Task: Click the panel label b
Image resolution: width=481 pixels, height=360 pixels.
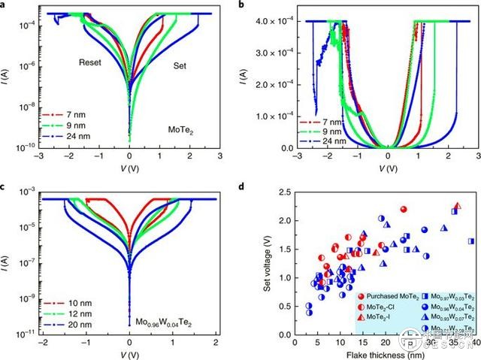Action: click(x=240, y=5)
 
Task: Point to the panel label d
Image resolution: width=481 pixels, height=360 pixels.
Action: click(x=240, y=186)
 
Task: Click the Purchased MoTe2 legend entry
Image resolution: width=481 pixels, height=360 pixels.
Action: click(x=380, y=297)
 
